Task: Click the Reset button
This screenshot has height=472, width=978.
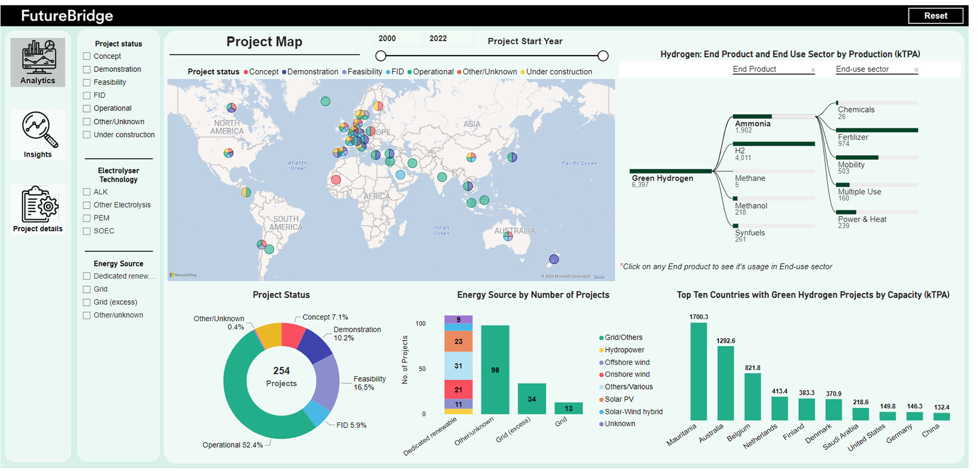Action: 935,16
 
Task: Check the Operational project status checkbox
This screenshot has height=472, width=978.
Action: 87,108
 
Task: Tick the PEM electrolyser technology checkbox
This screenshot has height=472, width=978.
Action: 87,218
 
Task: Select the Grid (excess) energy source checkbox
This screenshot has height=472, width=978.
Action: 87,302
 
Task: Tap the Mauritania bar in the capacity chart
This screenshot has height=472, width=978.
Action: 698,371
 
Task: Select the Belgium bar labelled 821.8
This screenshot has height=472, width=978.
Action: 752,396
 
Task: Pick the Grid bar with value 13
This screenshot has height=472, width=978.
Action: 568,408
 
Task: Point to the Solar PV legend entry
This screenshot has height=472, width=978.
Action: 619,399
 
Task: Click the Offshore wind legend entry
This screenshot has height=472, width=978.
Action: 627,362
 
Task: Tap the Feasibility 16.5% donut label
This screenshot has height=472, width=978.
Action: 369,383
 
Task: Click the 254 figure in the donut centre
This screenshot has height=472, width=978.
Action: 281,371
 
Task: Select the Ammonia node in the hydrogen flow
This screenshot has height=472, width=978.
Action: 752,124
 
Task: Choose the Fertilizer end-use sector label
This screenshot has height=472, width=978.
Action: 853,137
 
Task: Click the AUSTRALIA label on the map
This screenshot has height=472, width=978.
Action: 514,231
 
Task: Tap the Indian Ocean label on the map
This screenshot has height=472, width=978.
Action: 441,230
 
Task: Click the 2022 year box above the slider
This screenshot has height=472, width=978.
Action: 438,38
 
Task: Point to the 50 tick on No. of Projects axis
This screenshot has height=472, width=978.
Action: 422,369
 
